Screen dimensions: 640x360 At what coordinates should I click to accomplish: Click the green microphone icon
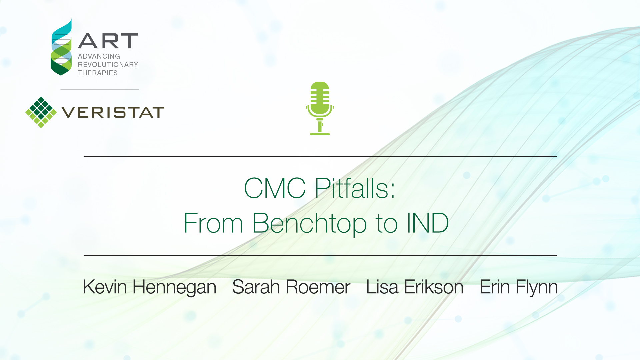[x=320, y=108]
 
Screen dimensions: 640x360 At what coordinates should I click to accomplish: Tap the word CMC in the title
[x=275, y=188]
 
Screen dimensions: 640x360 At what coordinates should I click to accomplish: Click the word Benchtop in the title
[x=310, y=223]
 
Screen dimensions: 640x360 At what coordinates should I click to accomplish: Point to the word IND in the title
[x=428, y=223]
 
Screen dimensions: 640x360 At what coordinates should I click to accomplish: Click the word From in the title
[x=213, y=223]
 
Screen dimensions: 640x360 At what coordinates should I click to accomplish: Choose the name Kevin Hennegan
[x=149, y=287]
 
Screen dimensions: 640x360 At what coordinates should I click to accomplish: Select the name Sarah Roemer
[x=291, y=287]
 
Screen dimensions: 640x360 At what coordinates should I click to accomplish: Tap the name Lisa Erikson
[x=415, y=287]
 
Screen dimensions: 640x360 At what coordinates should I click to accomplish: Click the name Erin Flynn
[x=519, y=287]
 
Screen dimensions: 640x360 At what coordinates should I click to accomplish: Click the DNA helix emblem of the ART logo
[x=61, y=47]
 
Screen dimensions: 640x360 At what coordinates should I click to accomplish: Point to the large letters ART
[x=108, y=41]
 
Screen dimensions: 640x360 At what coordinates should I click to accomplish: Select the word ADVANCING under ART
[x=99, y=56]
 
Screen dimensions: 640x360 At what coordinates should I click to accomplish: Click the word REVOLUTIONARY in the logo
[x=108, y=65]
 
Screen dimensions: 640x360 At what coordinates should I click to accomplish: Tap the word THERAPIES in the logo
[x=98, y=73]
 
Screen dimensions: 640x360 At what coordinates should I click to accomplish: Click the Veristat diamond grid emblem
[x=41, y=112]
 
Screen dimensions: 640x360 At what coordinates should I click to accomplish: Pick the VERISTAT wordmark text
[x=113, y=112]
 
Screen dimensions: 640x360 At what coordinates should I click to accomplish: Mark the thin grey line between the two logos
[x=99, y=89]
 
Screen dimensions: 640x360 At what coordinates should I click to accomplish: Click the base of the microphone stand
[x=320, y=134]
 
